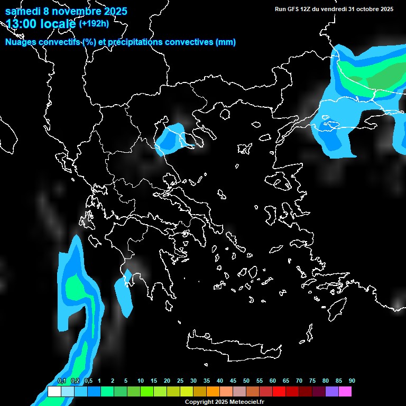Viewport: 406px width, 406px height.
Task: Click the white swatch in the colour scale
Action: [54, 392]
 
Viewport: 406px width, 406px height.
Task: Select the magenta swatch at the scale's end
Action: [345, 392]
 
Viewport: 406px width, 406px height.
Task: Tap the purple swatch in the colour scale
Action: [332, 392]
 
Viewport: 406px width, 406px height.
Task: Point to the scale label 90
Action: [352, 381]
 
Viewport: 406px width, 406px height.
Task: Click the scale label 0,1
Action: [62, 381]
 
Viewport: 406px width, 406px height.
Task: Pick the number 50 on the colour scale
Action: [246, 381]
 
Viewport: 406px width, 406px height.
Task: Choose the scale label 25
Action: [180, 381]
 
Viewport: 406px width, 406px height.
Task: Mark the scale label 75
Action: [312, 381]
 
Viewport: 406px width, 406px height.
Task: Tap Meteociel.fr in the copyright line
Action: [247, 402]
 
